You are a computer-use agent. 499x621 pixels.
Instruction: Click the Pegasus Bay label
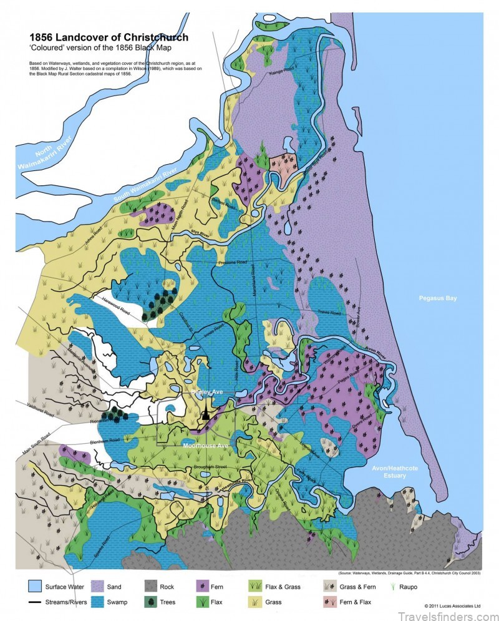point(438,298)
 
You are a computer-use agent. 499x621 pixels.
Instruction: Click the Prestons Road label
point(233,263)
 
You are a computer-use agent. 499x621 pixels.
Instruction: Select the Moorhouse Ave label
point(206,446)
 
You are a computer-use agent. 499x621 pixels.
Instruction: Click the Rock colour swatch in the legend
point(151,587)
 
